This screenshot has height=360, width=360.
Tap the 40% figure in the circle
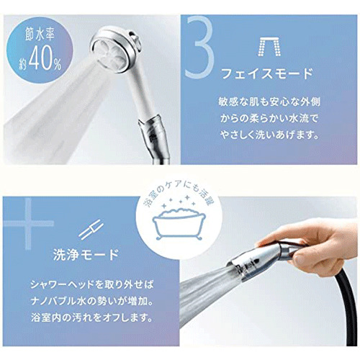pyautogui.click(x=45, y=60)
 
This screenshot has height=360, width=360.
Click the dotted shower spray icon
pyautogui.click(x=269, y=47)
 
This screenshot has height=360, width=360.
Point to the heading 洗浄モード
pyautogui.click(x=86, y=255)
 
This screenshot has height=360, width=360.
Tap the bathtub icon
pyautogui.click(x=179, y=224)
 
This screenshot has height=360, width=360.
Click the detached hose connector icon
pyautogui.click(x=91, y=228)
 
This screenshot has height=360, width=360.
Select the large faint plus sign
pyautogui.click(x=29, y=223)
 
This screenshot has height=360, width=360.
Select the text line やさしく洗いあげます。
pyautogui.click(x=269, y=135)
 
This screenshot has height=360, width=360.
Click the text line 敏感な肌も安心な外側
pyautogui.click(x=269, y=102)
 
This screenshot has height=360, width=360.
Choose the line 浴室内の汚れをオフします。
pyautogui.click(x=92, y=318)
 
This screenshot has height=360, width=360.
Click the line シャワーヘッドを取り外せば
pyautogui.click(x=92, y=285)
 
